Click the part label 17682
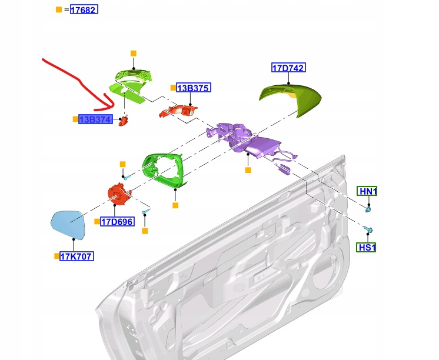84,10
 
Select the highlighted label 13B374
95,119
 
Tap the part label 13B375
194,88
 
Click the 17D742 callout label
288,68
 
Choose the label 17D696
117,222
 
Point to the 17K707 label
77,256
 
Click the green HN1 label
367,191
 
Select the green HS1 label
366,248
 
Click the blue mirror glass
68,225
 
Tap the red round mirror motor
119,194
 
